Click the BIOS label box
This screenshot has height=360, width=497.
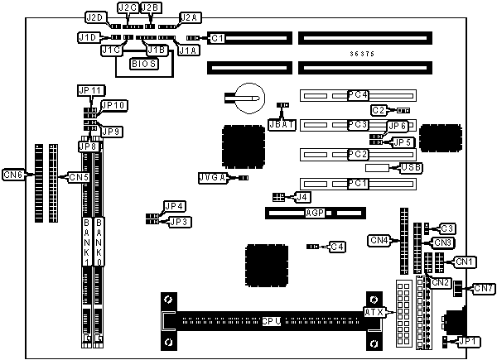point(143,64)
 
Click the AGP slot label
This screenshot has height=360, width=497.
point(314,213)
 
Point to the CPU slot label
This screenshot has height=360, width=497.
point(271,319)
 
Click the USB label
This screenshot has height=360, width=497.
point(410,168)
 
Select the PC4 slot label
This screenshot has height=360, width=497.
point(358,96)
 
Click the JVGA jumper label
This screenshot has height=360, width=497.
point(212,178)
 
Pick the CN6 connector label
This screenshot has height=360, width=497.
point(13,174)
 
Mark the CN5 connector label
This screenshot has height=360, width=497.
point(78,177)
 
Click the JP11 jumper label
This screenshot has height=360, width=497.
point(89,89)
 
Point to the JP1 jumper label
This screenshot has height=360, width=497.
point(469,341)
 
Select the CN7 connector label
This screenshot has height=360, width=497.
point(483,288)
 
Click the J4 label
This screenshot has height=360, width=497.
point(303,197)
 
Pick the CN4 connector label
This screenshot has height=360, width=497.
point(379,241)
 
